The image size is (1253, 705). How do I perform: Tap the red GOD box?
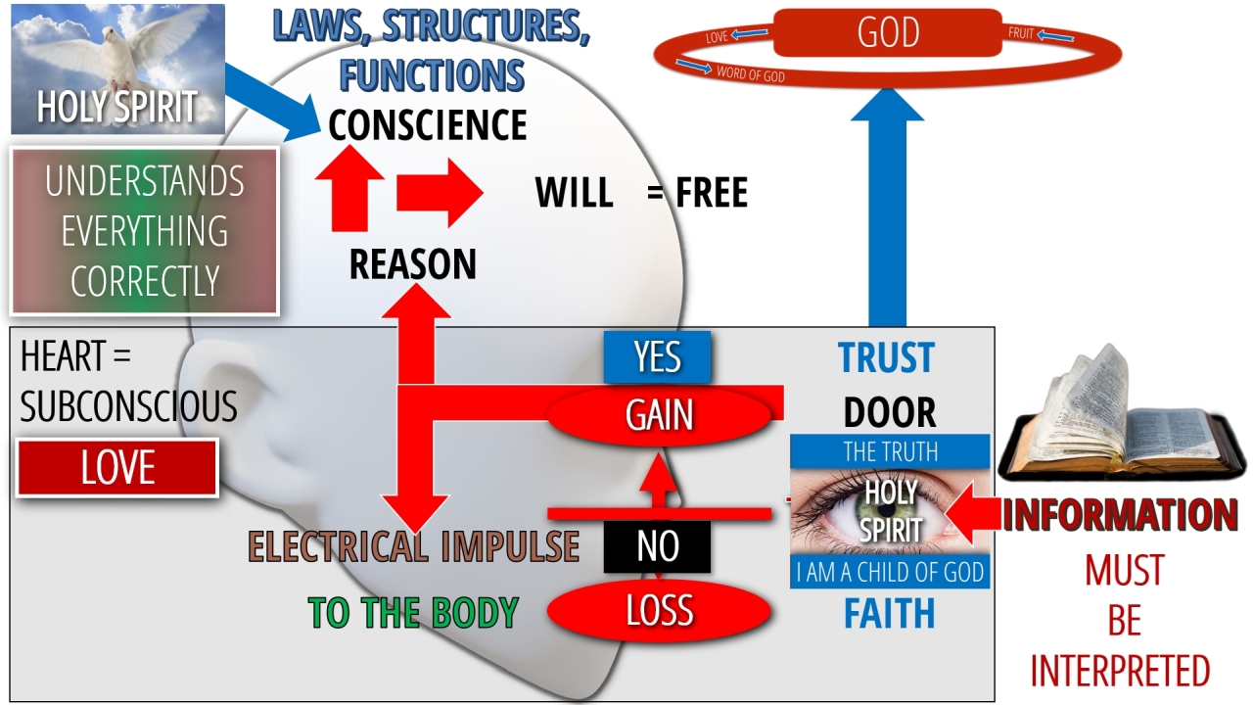[x=888, y=33]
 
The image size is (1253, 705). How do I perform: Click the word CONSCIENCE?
[x=428, y=125]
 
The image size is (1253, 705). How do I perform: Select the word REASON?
[x=413, y=264]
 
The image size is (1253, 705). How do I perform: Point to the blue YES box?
[x=657, y=357]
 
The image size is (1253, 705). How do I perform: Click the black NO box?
[x=657, y=546]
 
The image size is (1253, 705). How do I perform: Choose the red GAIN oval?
[x=659, y=416]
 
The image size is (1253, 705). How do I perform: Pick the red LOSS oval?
[x=659, y=611]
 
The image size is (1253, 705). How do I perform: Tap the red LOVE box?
[x=117, y=468]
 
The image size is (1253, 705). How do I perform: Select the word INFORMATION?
[x=1121, y=515]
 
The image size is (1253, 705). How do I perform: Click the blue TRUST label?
[x=887, y=358]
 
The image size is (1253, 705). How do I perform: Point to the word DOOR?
[x=890, y=413]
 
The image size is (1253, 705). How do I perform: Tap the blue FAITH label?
[x=889, y=614]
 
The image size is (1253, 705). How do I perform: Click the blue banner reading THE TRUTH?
[x=890, y=451]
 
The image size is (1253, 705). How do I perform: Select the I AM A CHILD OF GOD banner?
[x=890, y=572]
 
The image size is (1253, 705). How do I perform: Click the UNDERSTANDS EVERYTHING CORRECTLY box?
[x=145, y=231]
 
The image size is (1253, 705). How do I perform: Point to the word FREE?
[x=712, y=194]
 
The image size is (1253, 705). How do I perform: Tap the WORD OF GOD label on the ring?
[x=751, y=73]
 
